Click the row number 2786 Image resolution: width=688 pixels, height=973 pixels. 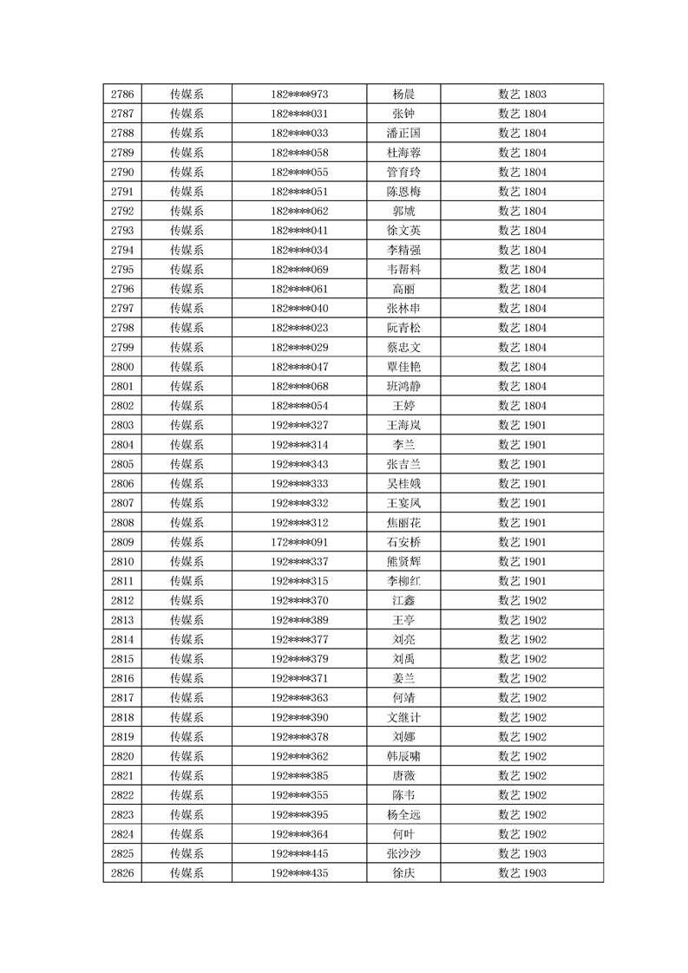coord(122,95)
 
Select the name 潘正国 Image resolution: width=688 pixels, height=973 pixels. coord(403,134)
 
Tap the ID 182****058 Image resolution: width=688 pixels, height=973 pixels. coord(299,153)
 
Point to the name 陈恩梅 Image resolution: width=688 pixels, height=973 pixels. coord(403,192)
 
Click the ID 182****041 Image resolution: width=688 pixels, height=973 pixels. coord(299,231)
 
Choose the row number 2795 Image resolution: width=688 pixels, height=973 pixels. coord(122,270)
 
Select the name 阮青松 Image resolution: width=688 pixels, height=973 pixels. coord(403,328)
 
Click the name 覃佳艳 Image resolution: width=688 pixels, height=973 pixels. coord(403,367)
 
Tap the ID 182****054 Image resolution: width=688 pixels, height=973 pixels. coord(299,406)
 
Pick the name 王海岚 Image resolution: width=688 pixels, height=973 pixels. coord(403,425)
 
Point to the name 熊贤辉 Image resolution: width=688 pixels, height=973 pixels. coord(403,561)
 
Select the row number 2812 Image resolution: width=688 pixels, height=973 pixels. coord(122,600)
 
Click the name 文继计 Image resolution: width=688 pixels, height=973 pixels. coord(403,717)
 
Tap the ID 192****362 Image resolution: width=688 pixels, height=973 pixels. coord(299,756)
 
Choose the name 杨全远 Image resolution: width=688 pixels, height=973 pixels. coord(403,814)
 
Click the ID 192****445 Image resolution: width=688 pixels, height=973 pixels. coord(299,853)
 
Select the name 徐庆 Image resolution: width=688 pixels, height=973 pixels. coord(403,872)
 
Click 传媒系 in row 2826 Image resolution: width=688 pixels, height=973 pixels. coord(187,872)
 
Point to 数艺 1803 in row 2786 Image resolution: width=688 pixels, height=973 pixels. coord(521,95)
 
